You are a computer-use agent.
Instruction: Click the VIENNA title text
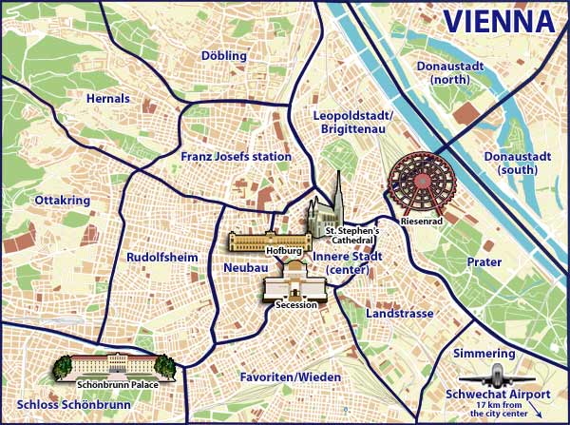click(x=500, y=21)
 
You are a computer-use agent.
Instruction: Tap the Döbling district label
click(x=224, y=56)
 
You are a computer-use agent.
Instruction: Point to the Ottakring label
click(x=62, y=201)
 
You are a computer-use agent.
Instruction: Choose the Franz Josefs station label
click(x=236, y=156)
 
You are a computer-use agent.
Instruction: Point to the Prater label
click(x=484, y=261)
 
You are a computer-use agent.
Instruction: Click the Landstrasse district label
click(x=399, y=314)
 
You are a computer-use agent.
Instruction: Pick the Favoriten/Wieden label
click(x=290, y=377)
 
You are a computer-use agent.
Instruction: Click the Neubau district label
click(x=241, y=269)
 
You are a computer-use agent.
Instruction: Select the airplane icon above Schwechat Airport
click(x=500, y=375)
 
